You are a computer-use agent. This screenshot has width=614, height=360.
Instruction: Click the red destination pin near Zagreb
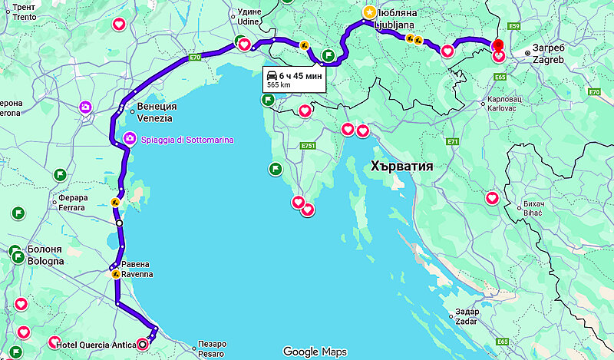[x=498, y=45]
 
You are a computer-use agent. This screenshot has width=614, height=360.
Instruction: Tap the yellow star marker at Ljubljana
[x=370, y=12]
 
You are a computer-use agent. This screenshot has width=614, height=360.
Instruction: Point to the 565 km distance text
[x=279, y=84]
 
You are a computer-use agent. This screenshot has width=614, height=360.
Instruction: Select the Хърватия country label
[x=402, y=166]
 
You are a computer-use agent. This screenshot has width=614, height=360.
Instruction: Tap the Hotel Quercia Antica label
[x=95, y=343]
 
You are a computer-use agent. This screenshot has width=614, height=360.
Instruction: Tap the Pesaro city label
[x=210, y=348]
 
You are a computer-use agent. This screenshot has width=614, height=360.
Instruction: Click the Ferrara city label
[x=73, y=203]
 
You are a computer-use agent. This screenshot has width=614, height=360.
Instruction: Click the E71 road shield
[x=452, y=141]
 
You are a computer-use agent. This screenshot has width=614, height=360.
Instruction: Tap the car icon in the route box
[x=272, y=74]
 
